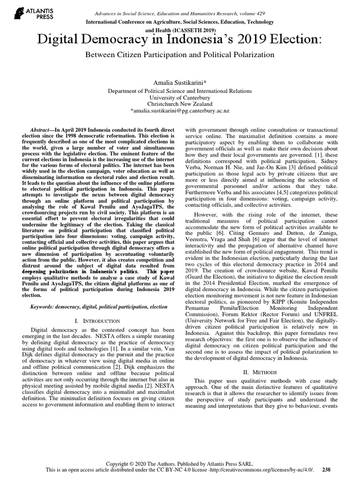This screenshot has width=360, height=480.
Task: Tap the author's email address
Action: [180, 111]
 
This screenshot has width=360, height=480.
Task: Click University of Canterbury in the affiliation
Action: [180, 97]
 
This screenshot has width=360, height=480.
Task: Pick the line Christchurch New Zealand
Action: [180, 104]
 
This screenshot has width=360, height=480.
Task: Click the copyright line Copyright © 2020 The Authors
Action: [180, 462]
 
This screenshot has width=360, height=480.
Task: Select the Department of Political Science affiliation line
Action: [180, 90]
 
